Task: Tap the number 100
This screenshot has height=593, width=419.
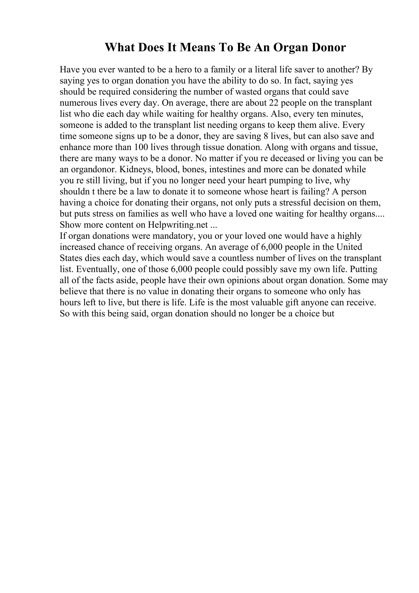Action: pyautogui.click(x=141, y=147)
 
